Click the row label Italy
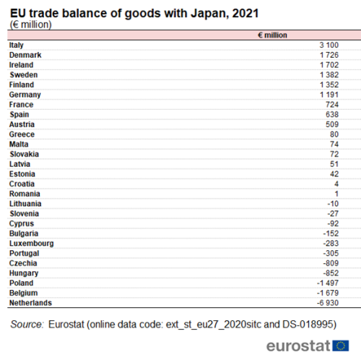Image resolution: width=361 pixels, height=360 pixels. tap(17, 45)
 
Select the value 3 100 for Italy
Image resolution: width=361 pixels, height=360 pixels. tap(329, 45)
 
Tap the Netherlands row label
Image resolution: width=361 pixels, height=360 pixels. tap(30, 303)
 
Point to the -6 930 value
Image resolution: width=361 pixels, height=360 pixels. tap(328, 303)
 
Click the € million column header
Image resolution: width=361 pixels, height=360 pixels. tap(272, 35)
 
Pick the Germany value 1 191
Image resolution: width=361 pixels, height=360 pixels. tap(329, 95)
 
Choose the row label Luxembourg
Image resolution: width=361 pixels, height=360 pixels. tap(32, 244)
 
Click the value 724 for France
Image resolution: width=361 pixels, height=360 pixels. tap(332, 105)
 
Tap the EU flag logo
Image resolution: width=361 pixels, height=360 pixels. tap(341, 346)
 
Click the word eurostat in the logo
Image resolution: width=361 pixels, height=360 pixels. tap(298, 346)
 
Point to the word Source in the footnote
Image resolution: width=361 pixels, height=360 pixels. tap(27, 325)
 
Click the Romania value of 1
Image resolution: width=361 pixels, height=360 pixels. tap(336, 194)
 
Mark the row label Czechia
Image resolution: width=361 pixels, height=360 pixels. tap(23, 263)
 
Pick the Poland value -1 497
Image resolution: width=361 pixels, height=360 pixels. tap(328, 283)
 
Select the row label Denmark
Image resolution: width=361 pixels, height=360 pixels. tap(25, 55)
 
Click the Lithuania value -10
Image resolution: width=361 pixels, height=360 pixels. tap(333, 204)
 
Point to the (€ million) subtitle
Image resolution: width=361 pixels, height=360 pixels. tap(31, 25)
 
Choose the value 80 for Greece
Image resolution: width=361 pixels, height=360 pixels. tap(334, 134)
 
